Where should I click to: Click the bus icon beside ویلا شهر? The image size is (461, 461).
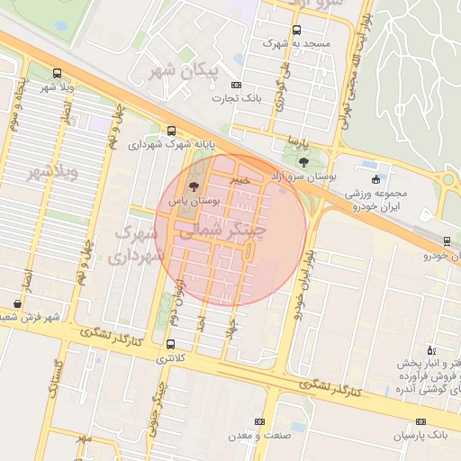pos(58,73)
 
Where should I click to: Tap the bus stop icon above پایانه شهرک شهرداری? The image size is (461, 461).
pos(171,130)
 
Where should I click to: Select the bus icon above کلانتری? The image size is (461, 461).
pos(170,344)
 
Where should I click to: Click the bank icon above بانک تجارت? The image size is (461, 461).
pos(236,85)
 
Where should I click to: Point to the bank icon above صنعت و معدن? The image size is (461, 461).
pos(261,421)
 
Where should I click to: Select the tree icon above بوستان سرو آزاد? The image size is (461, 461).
pos(304,162)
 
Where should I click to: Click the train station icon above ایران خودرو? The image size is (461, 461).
pos(447,240)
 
